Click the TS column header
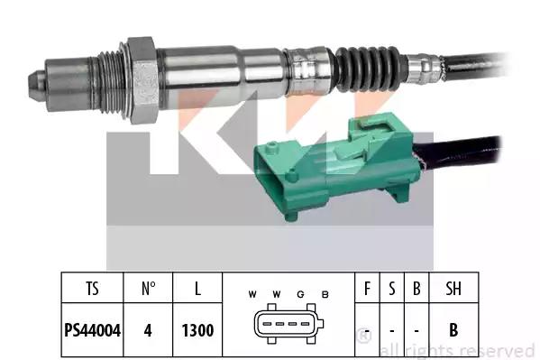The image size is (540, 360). pos(92,289)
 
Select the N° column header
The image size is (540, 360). pos(148,289)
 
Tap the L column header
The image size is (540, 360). pos(197,289)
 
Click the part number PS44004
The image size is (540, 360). pos(92,330)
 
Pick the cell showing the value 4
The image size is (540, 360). pos(148,330)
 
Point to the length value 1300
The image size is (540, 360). pos(197,330)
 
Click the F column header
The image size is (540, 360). pos(367,289)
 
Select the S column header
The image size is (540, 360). pos(392,289)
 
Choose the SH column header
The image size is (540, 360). pos(453,289)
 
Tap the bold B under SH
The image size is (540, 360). pos(453,330)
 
